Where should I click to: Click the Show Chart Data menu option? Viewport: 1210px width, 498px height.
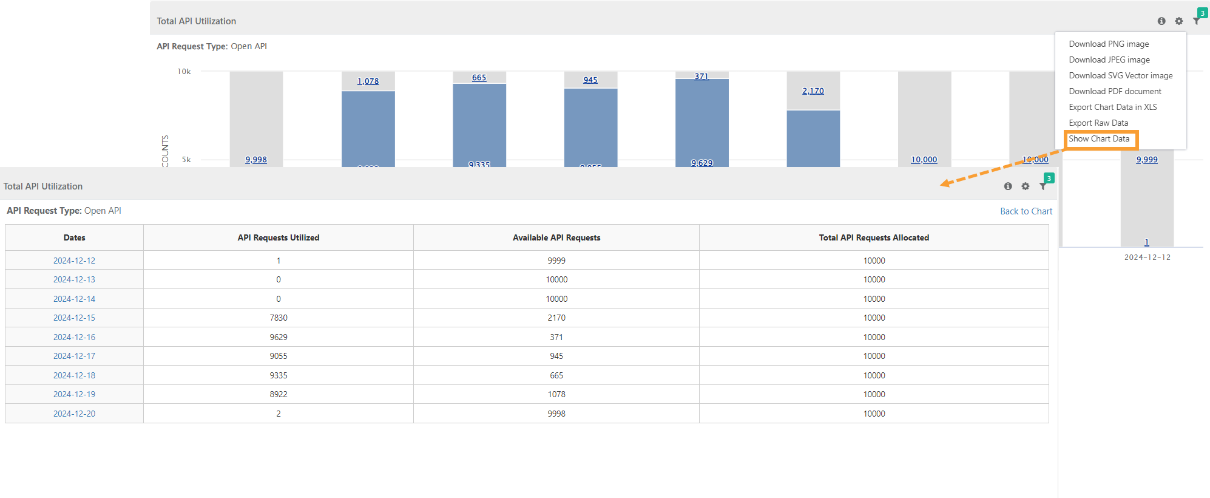coord(1099,139)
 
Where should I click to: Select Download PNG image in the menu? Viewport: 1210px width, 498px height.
coord(1109,44)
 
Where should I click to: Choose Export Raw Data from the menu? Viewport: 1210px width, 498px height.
coord(1098,123)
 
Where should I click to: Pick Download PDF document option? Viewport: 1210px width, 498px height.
coord(1115,92)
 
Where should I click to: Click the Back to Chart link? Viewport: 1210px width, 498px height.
coord(1026,211)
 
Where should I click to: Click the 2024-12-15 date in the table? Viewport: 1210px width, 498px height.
coord(74,318)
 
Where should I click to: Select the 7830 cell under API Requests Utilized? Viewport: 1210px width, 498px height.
coord(279,318)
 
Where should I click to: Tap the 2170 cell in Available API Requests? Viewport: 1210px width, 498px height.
coord(556,318)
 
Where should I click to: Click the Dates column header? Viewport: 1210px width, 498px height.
coord(74,238)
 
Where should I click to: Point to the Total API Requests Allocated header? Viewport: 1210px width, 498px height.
coord(874,238)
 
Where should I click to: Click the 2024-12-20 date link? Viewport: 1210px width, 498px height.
coord(74,414)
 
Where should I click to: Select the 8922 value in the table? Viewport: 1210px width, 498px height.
coord(279,395)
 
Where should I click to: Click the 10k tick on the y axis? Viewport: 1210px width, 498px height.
coord(184,72)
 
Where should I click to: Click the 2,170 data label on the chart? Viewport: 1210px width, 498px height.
coord(813,91)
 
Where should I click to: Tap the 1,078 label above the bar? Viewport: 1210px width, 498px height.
coord(368,81)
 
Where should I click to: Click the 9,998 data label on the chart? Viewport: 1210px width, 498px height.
coord(256,160)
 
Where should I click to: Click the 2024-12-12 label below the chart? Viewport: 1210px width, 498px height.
coord(1147,258)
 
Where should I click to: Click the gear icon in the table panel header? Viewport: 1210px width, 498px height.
coord(1026,186)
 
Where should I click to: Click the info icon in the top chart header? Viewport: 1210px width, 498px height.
coord(1161,21)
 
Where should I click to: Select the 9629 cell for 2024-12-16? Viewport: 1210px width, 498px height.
coord(279,338)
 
